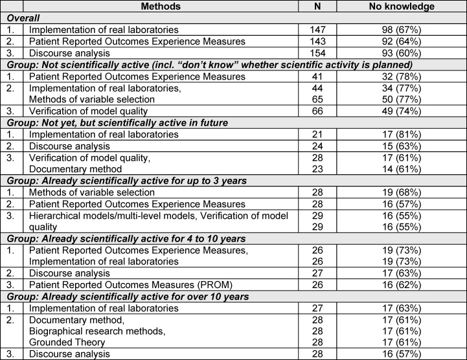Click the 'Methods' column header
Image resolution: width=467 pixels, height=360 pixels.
(159, 6)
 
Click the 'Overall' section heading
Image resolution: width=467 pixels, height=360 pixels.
(21, 18)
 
